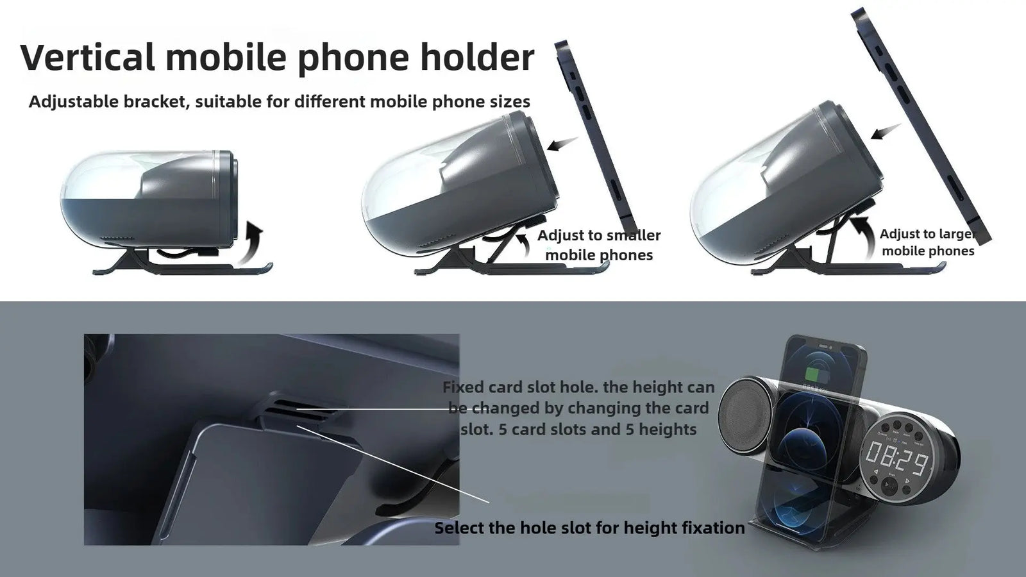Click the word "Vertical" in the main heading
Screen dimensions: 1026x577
[x=87, y=57]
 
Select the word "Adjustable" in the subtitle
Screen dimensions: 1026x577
[x=73, y=101]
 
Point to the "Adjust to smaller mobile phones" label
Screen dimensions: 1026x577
[x=599, y=245]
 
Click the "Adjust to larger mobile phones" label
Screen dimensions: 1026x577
[x=927, y=242]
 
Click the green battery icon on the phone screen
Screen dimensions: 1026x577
[x=814, y=374]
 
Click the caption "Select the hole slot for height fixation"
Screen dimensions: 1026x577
[x=589, y=528]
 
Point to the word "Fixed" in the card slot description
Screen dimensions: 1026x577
[x=463, y=387]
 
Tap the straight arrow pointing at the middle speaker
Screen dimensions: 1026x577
[x=563, y=144]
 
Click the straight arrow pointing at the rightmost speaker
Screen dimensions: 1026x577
[x=886, y=131]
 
